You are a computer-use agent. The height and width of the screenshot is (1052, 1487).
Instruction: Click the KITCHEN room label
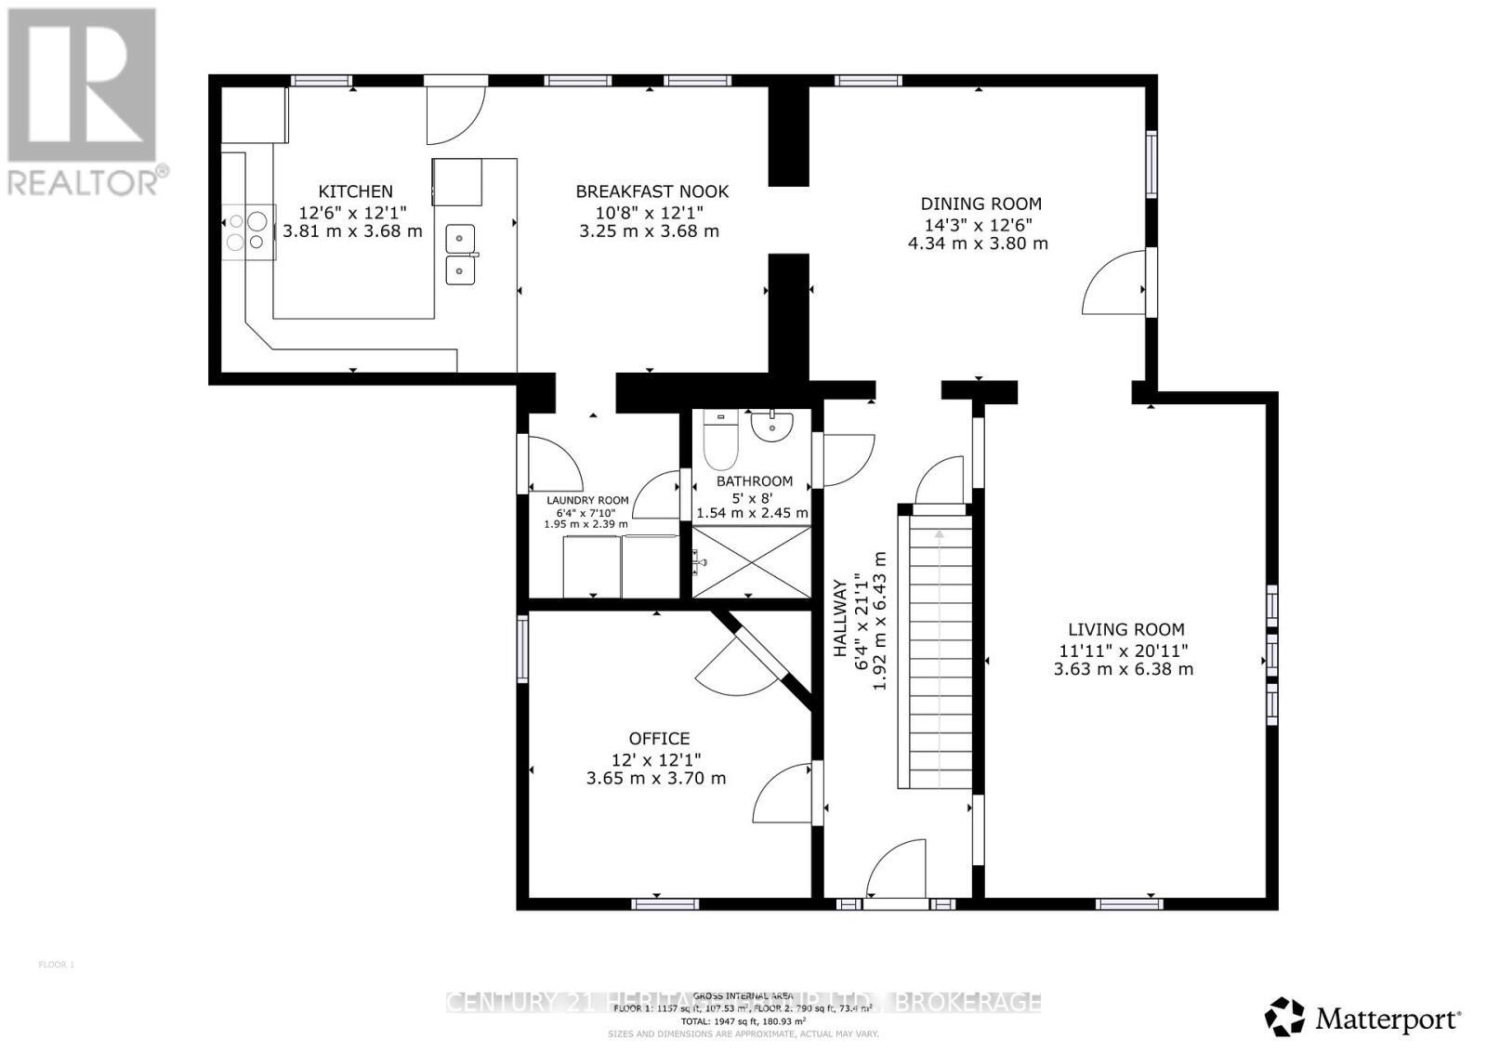[355, 191]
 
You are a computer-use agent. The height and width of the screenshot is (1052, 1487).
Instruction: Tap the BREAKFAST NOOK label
[651, 191]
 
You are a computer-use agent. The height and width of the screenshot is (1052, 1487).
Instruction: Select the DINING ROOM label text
[980, 204]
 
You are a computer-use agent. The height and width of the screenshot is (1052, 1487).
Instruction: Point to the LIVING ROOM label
[1125, 629]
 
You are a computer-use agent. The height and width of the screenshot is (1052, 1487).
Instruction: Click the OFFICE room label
[659, 738]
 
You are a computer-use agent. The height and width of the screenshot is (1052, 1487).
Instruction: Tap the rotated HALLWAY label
[839, 618]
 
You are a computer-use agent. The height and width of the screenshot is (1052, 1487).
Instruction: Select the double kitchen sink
[460, 255]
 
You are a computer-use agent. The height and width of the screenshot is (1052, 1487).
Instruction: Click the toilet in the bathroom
[720, 442]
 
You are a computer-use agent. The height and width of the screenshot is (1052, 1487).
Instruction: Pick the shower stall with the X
[751, 561]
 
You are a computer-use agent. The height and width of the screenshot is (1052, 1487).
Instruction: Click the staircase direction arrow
[939, 535]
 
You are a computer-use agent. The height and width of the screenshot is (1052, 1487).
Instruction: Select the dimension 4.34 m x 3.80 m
[978, 243]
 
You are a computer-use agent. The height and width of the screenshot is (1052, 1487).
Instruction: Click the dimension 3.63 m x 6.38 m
[1123, 669]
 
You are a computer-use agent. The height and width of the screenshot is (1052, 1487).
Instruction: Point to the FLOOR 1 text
[56, 965]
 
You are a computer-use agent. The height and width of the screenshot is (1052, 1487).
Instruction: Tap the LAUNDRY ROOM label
[586, 500]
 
